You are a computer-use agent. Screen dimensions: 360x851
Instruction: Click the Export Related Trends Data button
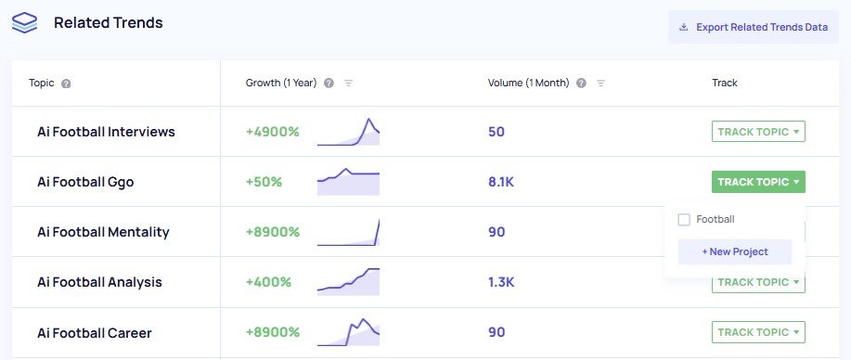753,27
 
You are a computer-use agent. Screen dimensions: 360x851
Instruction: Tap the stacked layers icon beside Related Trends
25,23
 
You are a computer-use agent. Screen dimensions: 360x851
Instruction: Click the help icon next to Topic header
66,84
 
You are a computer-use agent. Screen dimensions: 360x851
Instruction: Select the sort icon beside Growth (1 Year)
349,84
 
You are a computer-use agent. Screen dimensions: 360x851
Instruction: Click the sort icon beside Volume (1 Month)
600,84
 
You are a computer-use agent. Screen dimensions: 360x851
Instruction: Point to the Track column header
724,83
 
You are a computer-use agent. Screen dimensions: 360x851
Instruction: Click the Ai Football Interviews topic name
106,132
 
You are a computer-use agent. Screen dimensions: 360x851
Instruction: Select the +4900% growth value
273,132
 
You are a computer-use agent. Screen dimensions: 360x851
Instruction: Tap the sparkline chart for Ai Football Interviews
348,133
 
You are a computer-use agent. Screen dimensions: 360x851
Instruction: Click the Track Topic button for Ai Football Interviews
757,132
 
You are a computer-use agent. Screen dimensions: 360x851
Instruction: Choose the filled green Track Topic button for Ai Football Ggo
757,182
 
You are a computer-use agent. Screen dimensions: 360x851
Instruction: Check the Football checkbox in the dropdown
684,220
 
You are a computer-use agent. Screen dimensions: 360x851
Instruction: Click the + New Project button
734,251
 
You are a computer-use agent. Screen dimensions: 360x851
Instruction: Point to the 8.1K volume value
500,182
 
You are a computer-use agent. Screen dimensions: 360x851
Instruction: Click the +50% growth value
264,182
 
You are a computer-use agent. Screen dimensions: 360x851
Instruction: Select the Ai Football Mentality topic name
103,232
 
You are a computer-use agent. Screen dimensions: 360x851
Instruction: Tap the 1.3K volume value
500,282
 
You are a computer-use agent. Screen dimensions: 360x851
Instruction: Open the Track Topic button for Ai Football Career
757,332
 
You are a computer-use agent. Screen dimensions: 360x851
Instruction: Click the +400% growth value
268,282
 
